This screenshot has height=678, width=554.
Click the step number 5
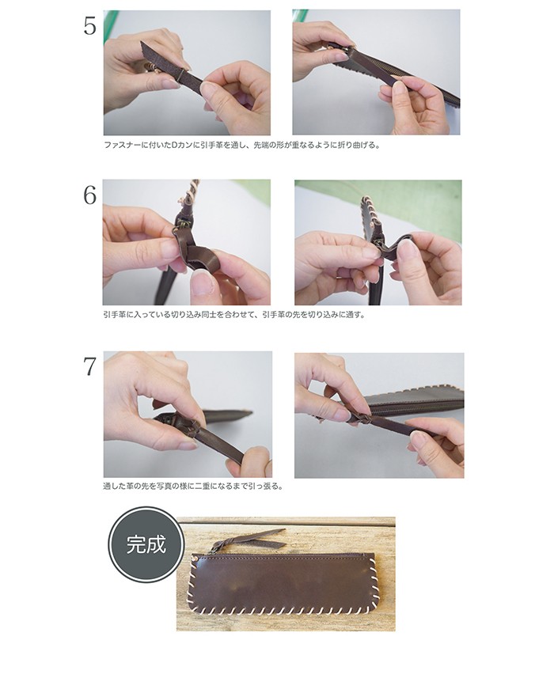89,27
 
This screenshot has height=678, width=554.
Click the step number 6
89,196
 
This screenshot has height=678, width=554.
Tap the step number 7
89,367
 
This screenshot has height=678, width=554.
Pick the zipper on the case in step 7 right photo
415,407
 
